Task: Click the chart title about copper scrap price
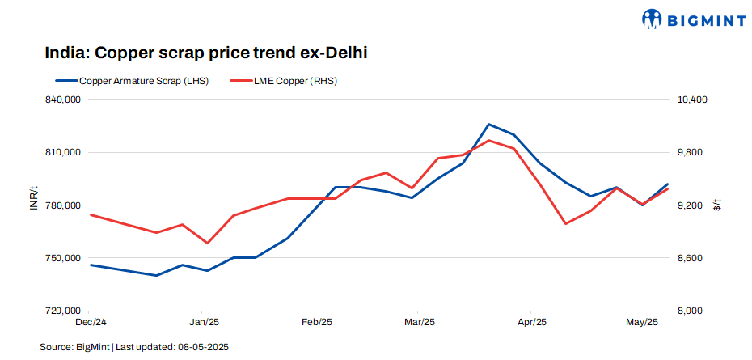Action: point(206,53)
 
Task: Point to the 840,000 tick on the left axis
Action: point(64,100)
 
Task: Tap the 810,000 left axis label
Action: point(64,152)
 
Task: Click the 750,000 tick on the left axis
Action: point(64,258)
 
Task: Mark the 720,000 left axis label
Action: point(64,311)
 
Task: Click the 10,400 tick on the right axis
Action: point(693,100)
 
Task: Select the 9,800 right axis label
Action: point(691,152)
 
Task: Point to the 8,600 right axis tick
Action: point(691,258)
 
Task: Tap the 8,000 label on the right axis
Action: point(691,311)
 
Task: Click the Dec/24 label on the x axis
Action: point(90,322)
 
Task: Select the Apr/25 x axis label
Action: point(532,322)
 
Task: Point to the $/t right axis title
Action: point(717,205)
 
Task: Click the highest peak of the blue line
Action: point(488,125)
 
